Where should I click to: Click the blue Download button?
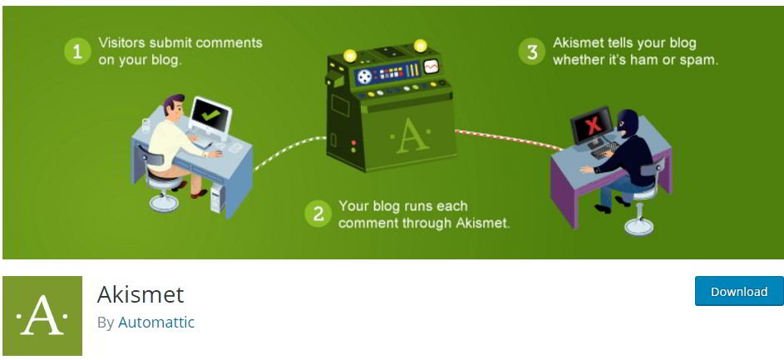click(739, 291)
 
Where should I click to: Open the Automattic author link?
click(156, 323)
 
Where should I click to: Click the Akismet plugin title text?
click(141, 294)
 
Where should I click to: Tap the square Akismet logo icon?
click(42, 315)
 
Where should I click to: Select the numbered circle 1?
click(77, 52)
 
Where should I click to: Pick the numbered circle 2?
click(318, 214)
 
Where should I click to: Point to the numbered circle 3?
click(531, 52)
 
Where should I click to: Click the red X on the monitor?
click(593, 124)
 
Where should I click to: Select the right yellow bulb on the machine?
click(421, 45)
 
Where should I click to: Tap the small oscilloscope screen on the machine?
click(431, 67)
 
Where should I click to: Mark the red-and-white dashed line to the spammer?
click(507, 139)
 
